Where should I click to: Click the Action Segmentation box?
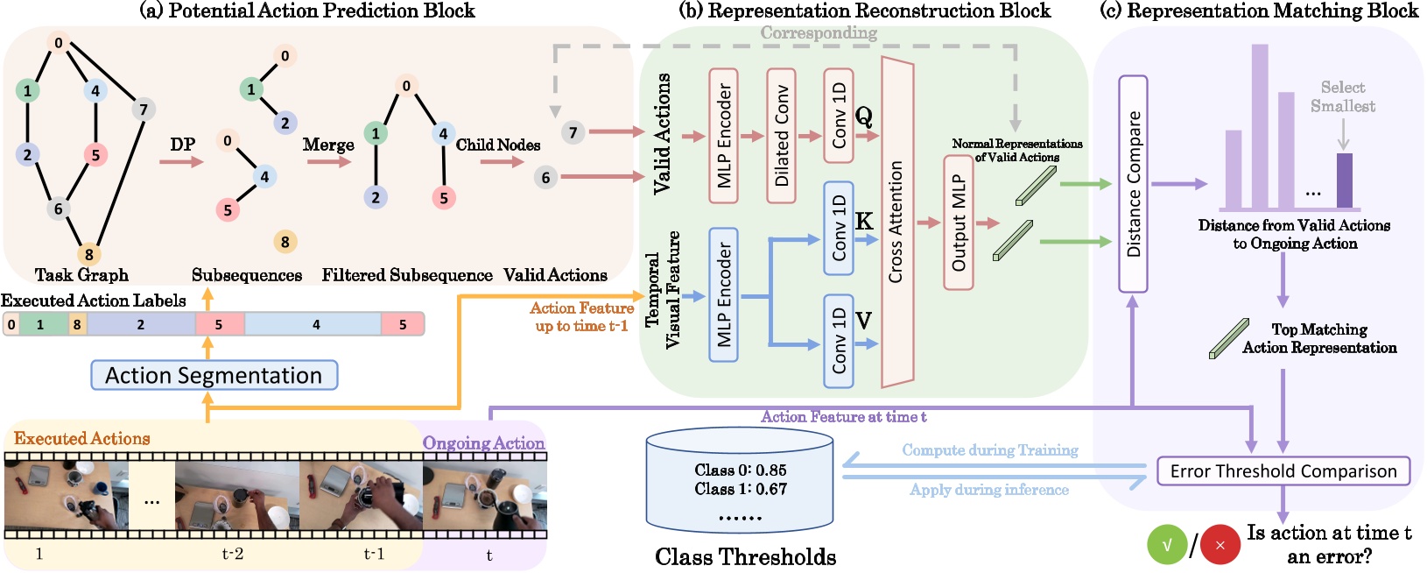pyautogui.click(x=214, y=375)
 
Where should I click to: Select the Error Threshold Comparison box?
pyautogui.click(x=1283, y=471)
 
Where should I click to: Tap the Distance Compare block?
pyautogui.click(x=1133, y=184)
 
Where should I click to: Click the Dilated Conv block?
pyautogui.click(x=781, y=136)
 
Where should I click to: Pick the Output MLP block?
pyautogui.click(x=958, y=223)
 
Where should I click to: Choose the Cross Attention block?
pyautogui.click(x=896, y=223)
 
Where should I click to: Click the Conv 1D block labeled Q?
pyautogui.click(x=838, y=116)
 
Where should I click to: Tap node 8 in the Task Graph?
pyautogui.click(x=88, y=255)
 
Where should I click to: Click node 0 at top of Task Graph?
pyautogui.click(x=59, y=43)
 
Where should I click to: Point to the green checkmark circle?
pyautogui.click(x=1167, y=545)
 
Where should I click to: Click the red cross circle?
pyautogui.click(x=1220, y=545)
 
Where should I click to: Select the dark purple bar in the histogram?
pyautogui.click(x=1344, y=181)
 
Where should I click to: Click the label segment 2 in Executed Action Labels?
pyautogui.click(x=140, y=324)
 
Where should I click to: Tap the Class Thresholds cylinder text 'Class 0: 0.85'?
pyautogui.click(x=740, y=470)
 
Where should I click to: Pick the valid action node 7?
pyautogui.click(x=573, y=132)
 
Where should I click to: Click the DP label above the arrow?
pyautogui.click(x=182, y=144)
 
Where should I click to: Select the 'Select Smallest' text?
pyautogui.click(x=1342, y=96)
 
